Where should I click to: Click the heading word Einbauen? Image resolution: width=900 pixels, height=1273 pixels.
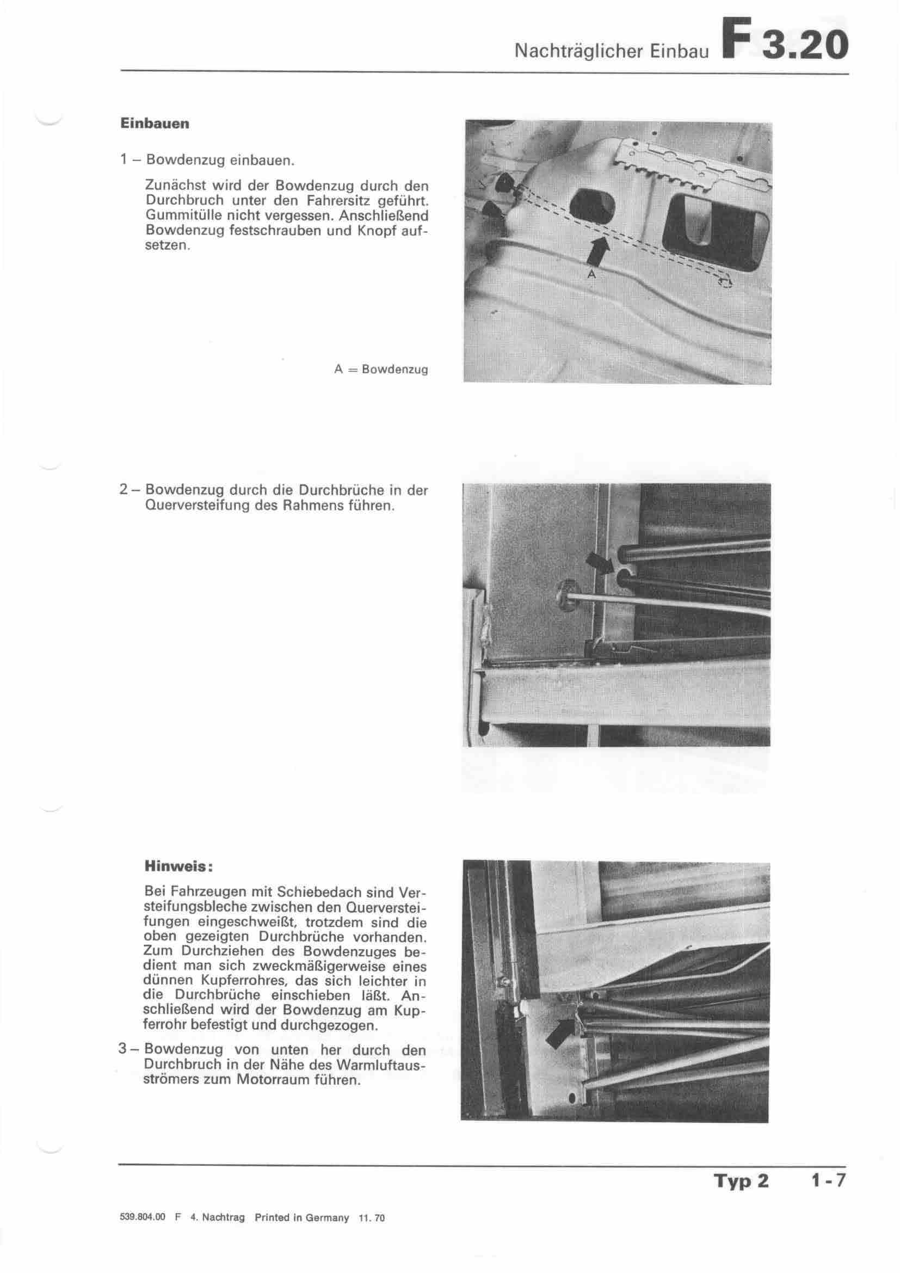tap(155, 124)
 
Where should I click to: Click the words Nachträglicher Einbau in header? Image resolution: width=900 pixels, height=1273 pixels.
tap(612, 52)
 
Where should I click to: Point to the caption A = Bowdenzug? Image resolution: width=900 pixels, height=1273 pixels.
tap(381, 369)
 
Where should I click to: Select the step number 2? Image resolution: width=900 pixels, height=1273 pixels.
tap(124, 490)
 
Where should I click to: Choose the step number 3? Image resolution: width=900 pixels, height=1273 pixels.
tap(124, 1049)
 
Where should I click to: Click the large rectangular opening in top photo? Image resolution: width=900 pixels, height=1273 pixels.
tap(718, 229)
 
